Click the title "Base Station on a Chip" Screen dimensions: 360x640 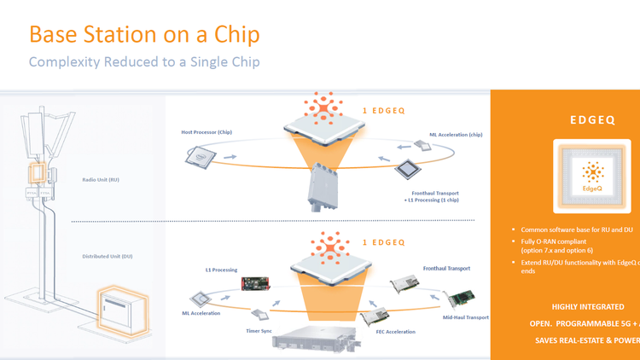pyautogui.click(x=144, y=35)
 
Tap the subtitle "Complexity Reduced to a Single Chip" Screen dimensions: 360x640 pyautogui.click(x=144, y=62)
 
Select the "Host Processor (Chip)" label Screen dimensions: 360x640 pyautogui.click(x=207, y=132)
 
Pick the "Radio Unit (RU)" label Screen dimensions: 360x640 pyautogui.click(x=102, y=180)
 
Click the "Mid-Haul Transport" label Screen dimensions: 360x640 pyautogui.click(x=466, y=317)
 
